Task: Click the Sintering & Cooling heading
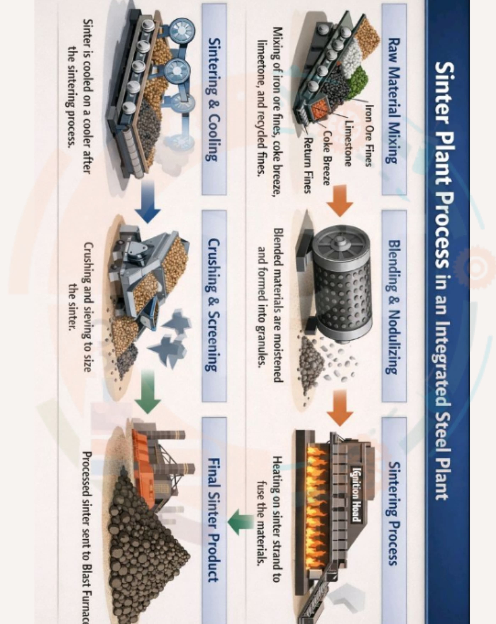click(214, 100)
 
